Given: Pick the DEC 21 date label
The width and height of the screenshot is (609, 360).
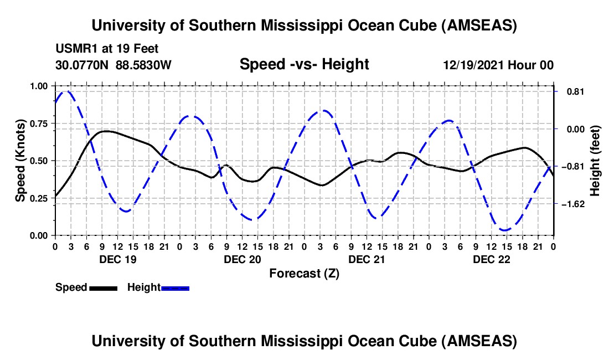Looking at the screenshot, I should (x=367, y=259).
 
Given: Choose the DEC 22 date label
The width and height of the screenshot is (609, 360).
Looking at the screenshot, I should (x=491, y=259).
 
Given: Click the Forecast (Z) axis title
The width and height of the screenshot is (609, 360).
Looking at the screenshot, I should (x=304, y=273).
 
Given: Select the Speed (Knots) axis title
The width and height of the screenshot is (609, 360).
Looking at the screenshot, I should (x=20, y=161).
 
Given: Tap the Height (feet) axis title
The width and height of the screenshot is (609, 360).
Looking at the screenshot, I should (x=596, y=161).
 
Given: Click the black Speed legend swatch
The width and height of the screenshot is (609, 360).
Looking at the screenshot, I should (x=103, y=288).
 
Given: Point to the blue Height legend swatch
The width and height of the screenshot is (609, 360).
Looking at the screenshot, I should (x=175, y=288).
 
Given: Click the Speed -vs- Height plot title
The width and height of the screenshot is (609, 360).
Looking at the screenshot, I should (x=304, y=64).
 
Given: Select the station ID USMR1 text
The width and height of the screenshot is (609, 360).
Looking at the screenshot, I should (x=75, y=49).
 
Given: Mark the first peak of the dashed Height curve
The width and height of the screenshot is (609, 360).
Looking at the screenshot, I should (x=68, y=91).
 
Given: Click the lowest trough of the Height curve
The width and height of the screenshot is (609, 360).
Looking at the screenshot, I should (x=504, y=230).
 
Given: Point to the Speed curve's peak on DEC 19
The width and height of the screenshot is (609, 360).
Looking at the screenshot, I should (x=106, y=131).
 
